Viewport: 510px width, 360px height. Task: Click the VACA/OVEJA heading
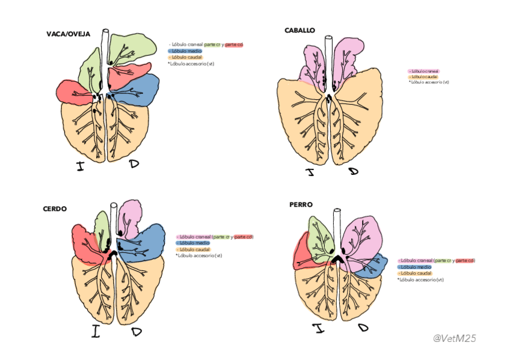[x=68, y=34]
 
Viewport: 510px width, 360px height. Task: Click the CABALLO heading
[x=300, y=30]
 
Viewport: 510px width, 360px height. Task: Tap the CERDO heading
[x=55, y=209]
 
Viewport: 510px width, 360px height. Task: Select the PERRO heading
[x=301, y=205]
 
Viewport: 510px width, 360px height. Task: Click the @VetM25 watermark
[x=455, y=338]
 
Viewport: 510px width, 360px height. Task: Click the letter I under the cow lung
[x=80, y=166]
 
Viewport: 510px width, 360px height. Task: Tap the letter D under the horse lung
[x=353, y=172]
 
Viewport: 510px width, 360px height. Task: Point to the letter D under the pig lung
[x=136, y=332]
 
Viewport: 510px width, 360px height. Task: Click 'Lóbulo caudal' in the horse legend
[x=423, y=77]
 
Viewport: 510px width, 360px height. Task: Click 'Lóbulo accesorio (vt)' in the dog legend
[x=421, y=279]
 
